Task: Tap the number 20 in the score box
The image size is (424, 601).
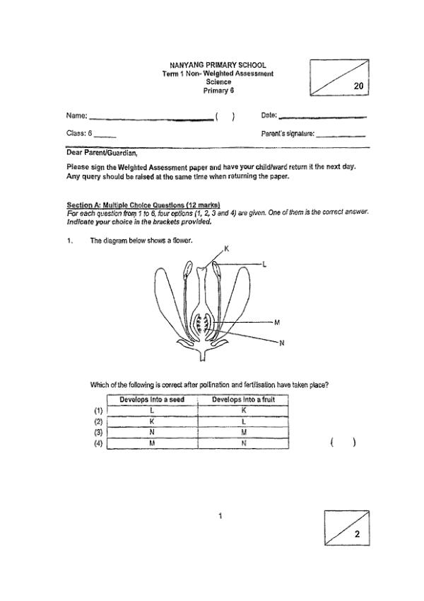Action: click(x=358, y=86)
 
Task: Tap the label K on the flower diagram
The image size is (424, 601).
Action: click(x=228, y=248)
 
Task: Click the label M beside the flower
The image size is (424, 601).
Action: click(x=277, y=323)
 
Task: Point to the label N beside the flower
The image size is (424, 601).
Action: click(x=281, y=343)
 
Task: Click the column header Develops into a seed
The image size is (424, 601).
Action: click(x=152, y=400)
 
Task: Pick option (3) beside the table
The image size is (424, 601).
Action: click(x=98, y=433)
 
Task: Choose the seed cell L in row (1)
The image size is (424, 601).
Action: click(x=152, y=411)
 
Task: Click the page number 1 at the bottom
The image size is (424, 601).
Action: click(x=221, y=515)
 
